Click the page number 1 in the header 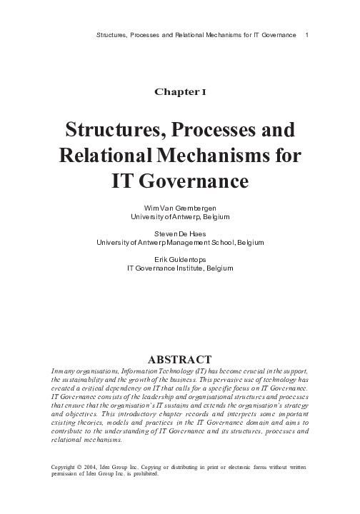(306, 34)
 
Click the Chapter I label (180, 91)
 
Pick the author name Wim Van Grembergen (180, 206)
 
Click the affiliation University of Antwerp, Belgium (180, 215)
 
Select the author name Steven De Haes (180, 233)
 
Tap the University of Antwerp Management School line (180, 242)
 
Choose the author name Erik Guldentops (180, 260)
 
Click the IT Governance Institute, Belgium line (180, 268)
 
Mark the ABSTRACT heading (180, 359)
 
